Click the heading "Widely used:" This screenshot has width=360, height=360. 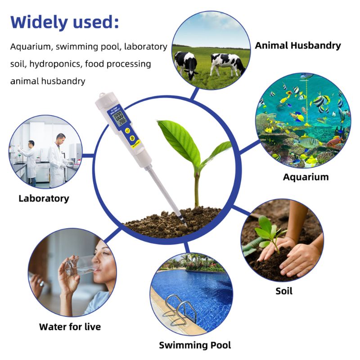tap(65, 21)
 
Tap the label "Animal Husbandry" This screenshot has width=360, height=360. tap(298, 45)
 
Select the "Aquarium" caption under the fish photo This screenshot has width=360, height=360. tap(306, 177)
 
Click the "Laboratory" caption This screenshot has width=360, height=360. tap(44, 198)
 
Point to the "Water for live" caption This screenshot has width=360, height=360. tap(70, 327)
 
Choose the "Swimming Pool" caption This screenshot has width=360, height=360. tap(195, 345)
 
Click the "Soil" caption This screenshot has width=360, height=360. tap(284, 291)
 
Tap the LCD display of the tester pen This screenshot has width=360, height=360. tap(119, 120)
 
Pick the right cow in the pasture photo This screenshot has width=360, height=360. tap(227, 64)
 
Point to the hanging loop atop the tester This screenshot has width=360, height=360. tap(100, 98)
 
